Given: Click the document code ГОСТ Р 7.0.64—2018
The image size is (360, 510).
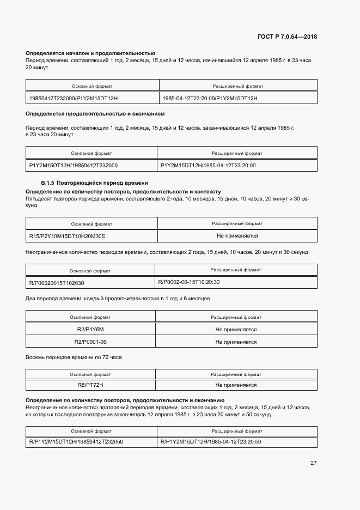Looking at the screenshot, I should tap(287, 37).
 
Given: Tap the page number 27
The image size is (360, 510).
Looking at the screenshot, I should tap(313, 463).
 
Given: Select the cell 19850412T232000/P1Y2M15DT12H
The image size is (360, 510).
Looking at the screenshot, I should tap(74, 98).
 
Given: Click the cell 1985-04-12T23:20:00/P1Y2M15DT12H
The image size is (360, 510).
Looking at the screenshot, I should tap(210, 98).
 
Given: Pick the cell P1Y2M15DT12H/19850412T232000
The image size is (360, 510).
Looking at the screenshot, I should tap(74, 165).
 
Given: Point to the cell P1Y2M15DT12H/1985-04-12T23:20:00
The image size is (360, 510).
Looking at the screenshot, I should tap(208, 165).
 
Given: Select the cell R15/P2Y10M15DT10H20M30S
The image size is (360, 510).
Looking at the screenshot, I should tap(67, 236).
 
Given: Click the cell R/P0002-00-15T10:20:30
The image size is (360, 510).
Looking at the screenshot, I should tap(189, 282).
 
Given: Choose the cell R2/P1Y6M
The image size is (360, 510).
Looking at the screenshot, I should tap(90, 330).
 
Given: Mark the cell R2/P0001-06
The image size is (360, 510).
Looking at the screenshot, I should tap(90, 342).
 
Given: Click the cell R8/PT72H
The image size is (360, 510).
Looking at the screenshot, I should tap(90, 385).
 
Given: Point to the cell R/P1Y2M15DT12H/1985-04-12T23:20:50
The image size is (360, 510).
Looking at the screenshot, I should tap(211, 441).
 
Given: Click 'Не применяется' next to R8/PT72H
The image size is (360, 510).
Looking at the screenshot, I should tap(236, 385).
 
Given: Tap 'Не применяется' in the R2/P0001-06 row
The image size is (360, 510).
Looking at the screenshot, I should tap(236, 342).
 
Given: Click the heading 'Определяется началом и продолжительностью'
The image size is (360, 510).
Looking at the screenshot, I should tap(90, 53).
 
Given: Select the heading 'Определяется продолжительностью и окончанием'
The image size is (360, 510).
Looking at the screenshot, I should tap(95, 114).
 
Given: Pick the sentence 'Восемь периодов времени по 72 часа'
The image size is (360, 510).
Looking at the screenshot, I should tap(74, 357).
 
